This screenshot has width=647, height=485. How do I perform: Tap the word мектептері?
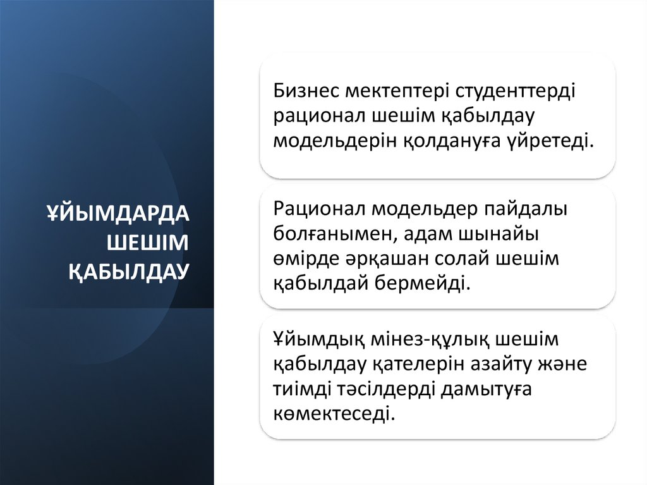coord(397,91)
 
